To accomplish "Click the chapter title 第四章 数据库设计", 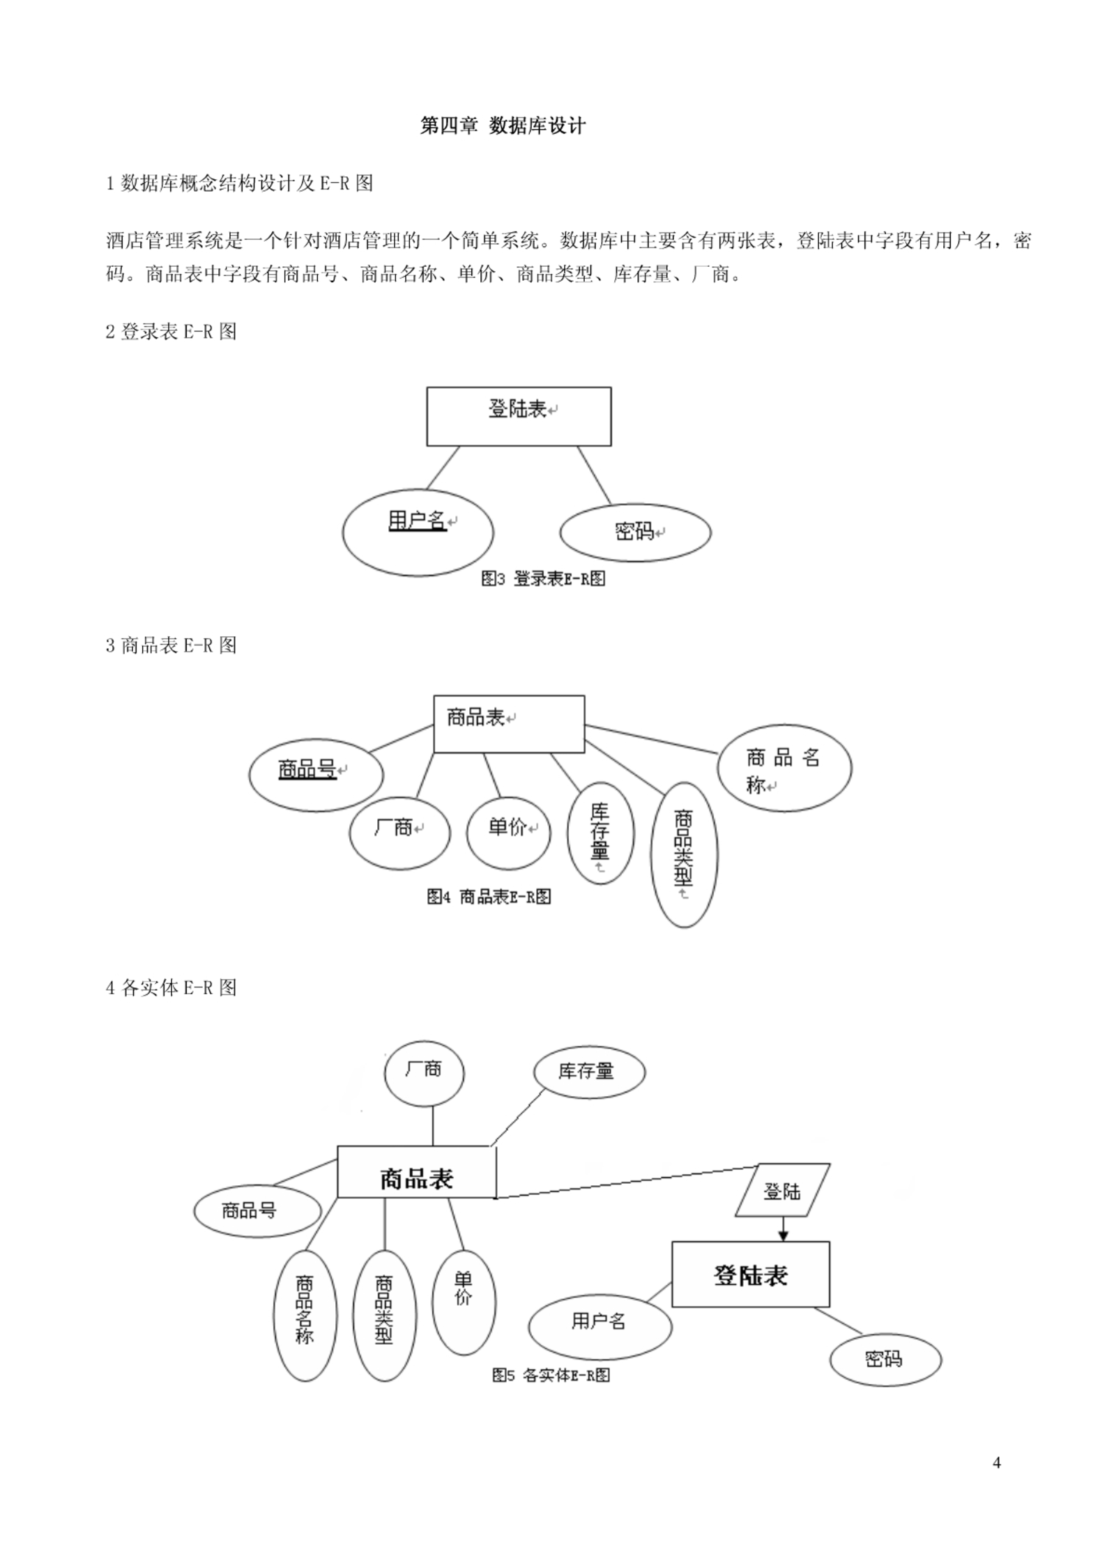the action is [502, 125].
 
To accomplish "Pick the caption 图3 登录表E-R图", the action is [543, 578].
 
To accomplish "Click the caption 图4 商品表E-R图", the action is [489, 896].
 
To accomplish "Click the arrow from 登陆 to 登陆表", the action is [783, 1229].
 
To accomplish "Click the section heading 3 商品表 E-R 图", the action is [171, 645].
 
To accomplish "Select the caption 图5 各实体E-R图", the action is [551, 1375].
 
